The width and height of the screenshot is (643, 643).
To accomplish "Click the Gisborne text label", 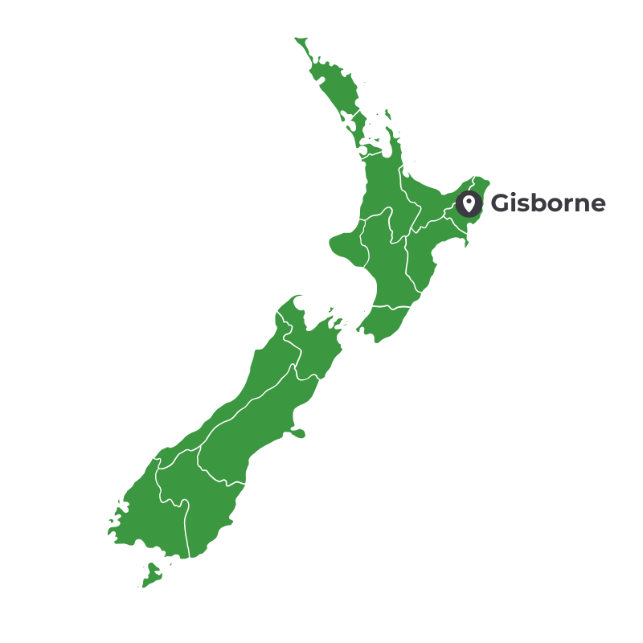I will [548, 203].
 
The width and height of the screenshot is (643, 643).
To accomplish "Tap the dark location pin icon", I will [469, 204].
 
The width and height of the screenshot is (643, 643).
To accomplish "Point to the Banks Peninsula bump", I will [296, 433].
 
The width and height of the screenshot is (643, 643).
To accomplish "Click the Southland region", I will [149, 514].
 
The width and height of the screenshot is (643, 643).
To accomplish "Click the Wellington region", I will [386, 321].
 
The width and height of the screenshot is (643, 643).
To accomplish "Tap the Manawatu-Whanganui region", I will [386, 265].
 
